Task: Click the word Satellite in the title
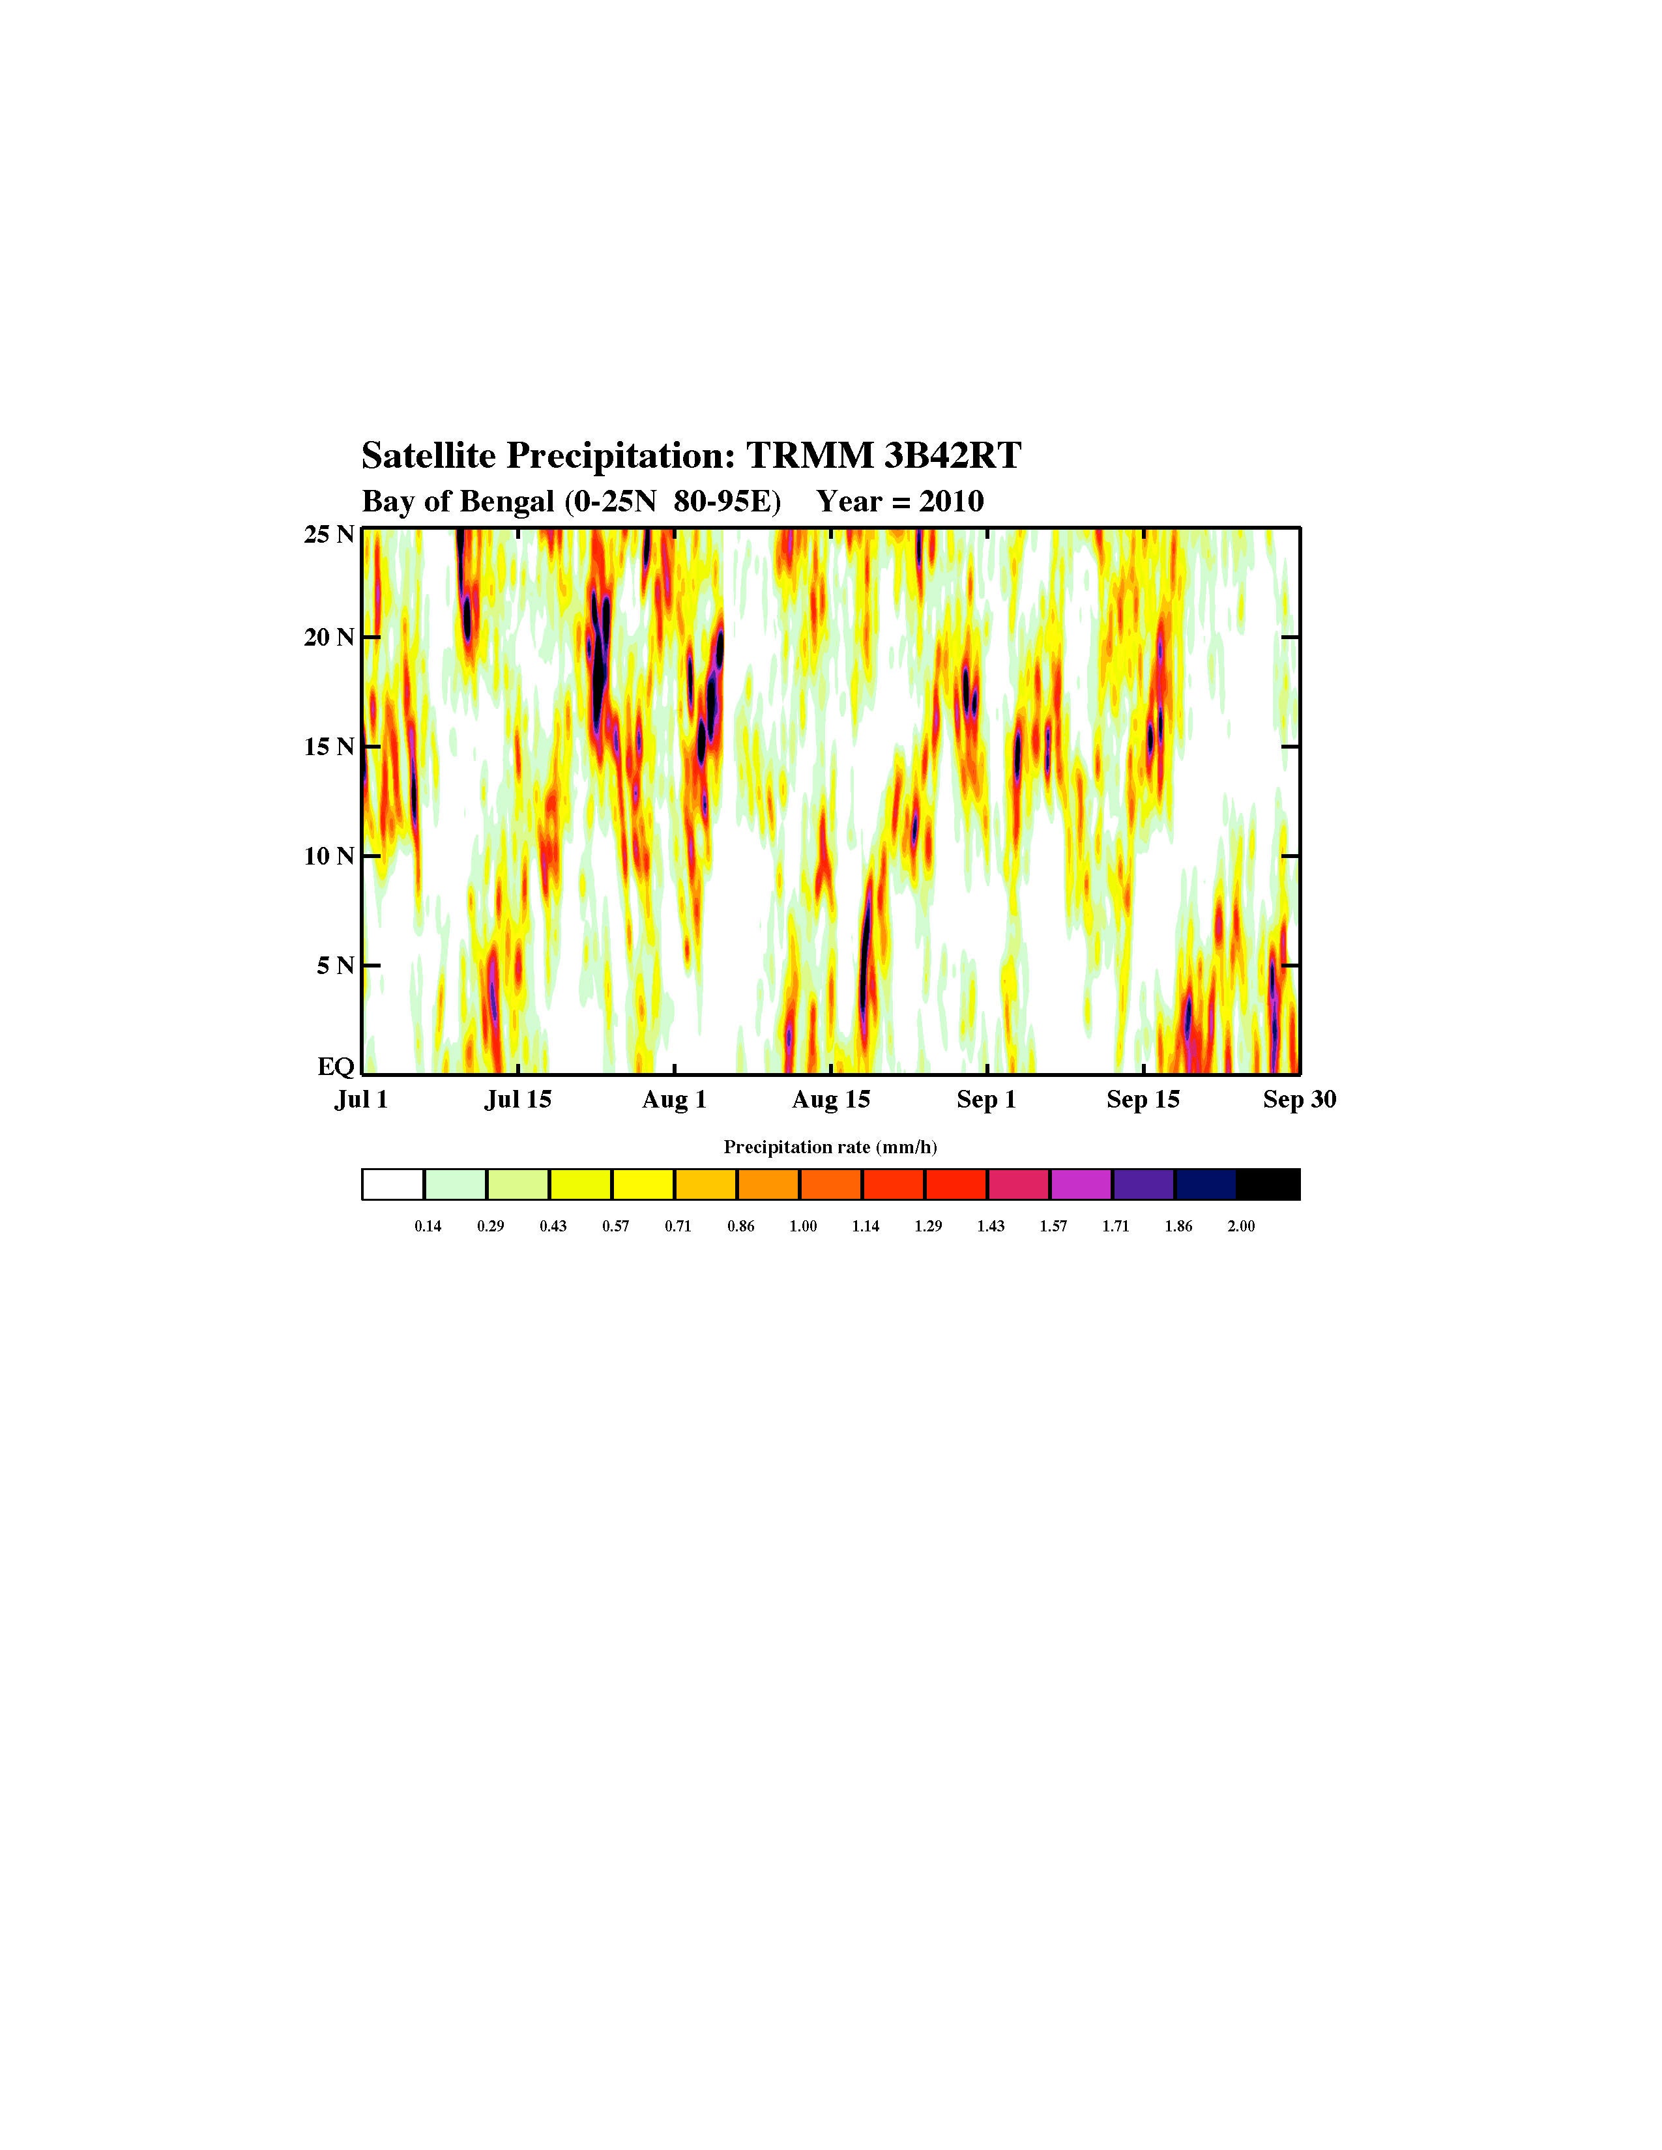(x=428, y=456)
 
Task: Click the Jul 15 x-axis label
(x=518, y=1100)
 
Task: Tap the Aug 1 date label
(x=675, y=1100)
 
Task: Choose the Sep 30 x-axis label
(x=1300, y=1100)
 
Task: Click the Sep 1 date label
(x=987, y=1100)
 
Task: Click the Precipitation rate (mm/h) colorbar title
(x=830, y=1147)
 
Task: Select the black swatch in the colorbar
(x=1268, y=1184)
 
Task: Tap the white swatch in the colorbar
(x=393, y=1184)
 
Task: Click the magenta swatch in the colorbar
(x=1081, y=1184)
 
